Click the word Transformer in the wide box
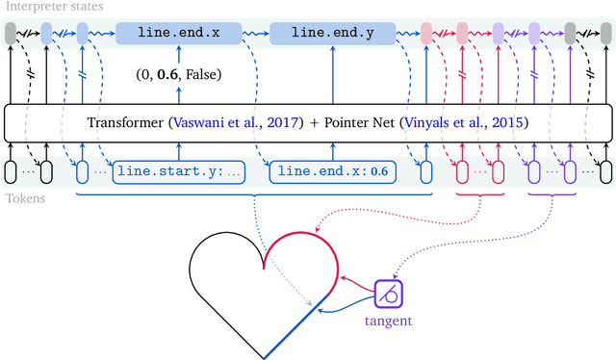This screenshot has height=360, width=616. pos(124,122)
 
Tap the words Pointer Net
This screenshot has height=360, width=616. pos(351,122)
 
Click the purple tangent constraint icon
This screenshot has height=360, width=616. pos(388,292)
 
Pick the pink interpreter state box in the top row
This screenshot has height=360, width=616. pos(426,33)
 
